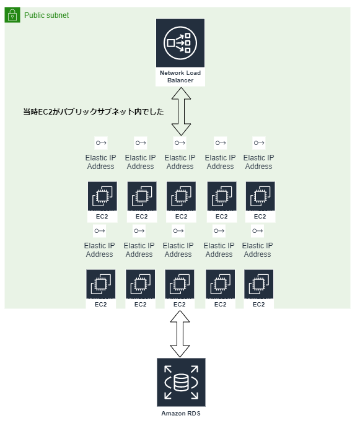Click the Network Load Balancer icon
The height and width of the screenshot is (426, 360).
click(x=180, y=43)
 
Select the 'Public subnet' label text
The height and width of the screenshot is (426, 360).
click(x=46, y=15)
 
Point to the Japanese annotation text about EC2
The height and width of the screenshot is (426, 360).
click(x=94, y=112)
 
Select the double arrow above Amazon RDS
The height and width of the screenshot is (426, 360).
click(x=180, y=334)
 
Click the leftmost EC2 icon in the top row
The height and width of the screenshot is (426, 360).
click(x=102, y=197)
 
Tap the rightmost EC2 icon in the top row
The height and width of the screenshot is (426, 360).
click(x=260, y=197)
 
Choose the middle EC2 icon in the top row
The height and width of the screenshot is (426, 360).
click(x=181, y=197)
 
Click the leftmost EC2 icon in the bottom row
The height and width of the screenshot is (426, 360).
click(x=100, y=285)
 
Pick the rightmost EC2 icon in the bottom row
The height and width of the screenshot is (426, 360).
click(x=259, y=285)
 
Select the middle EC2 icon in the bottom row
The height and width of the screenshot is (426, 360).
click(x=180, y=285)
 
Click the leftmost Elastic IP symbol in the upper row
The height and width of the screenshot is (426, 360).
click(x=100, y=143)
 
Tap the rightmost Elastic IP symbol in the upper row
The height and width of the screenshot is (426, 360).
click(x=258, y=143)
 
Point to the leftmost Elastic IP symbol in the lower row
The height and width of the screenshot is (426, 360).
click(x=99, y=231)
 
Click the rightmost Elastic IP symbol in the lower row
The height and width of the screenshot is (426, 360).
click(x=257, y=231)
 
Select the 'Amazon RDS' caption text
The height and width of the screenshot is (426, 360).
click(x=180, y=412)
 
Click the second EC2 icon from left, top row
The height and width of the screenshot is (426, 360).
click(x=141, y=197)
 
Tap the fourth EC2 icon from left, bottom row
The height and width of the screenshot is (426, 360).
click(x=220, y=285)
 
